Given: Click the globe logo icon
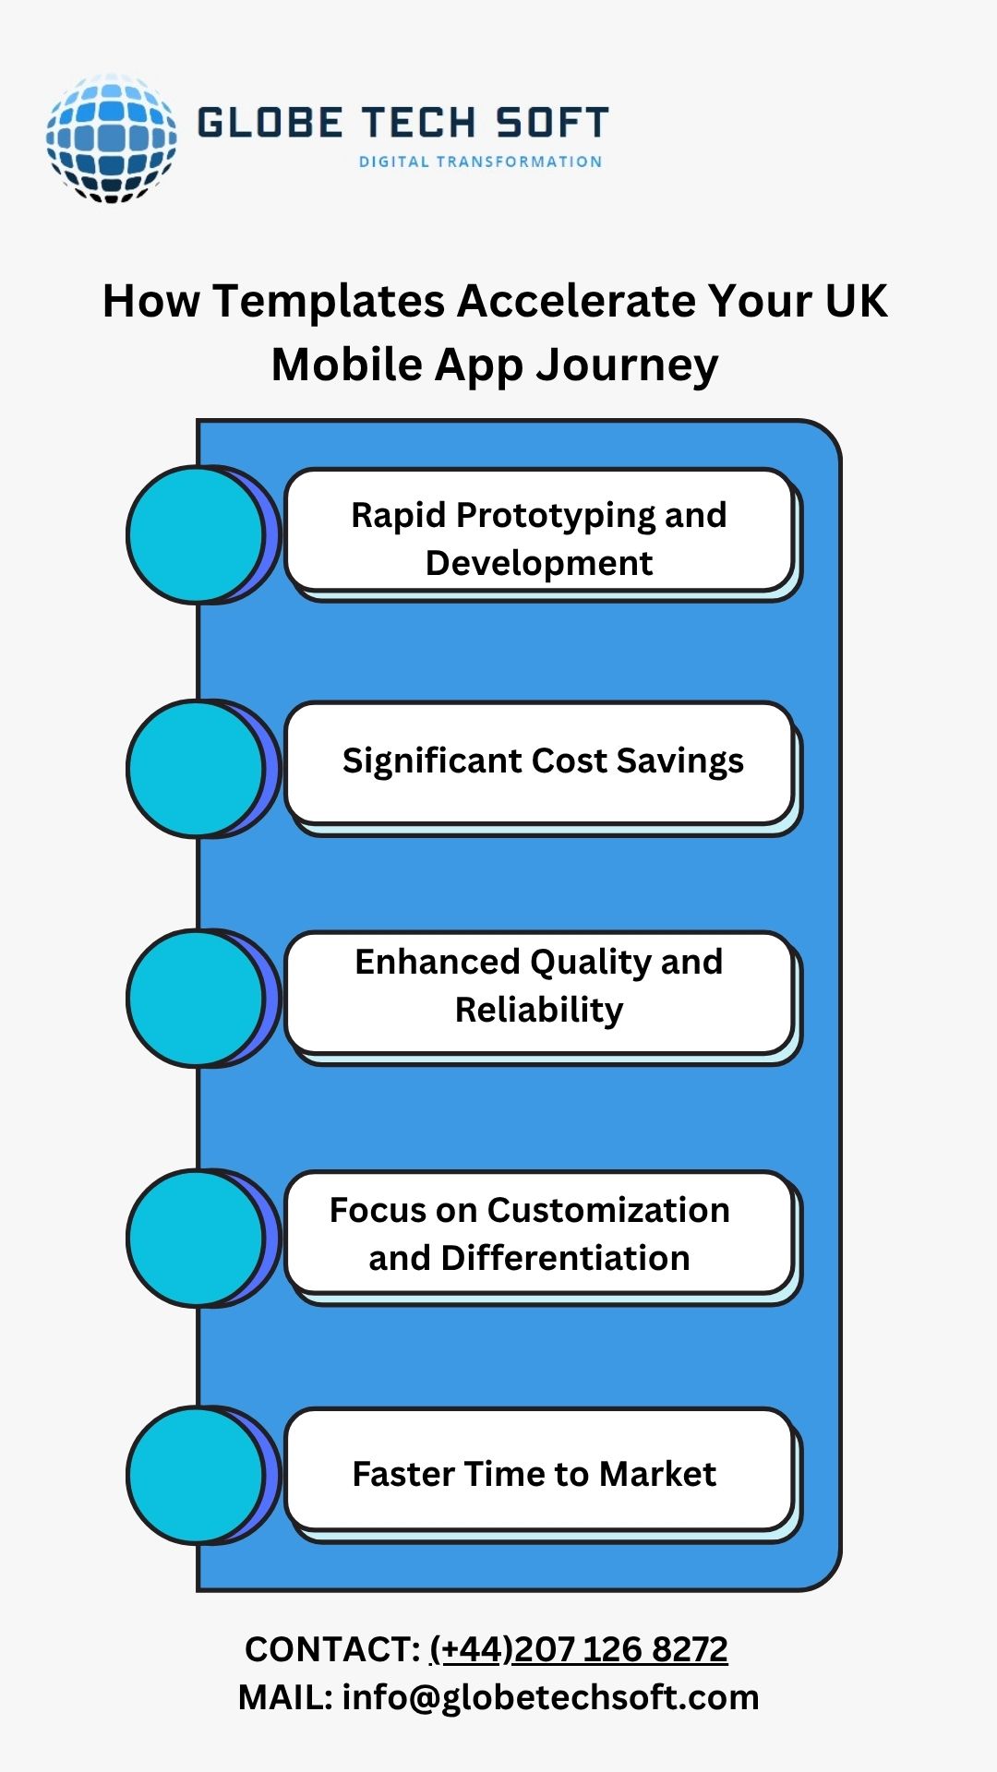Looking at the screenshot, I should [111, 138].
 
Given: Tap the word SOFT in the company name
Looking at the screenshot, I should [552, 123].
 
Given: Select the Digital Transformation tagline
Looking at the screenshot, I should [480, 162].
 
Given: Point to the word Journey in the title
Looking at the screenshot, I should [627, 365].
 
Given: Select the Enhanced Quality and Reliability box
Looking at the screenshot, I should [539, 992].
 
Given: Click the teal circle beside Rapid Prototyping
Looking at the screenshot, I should [197, 535].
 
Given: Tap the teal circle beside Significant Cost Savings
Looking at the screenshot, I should [197, 769].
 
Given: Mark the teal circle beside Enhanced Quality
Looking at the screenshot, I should [197, 999].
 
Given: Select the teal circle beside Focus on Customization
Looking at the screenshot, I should [197, 1238].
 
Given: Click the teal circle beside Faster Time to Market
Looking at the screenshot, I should [197, 1475].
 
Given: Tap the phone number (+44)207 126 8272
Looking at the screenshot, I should [579, 1649].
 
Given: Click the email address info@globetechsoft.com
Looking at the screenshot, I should [550, 1697].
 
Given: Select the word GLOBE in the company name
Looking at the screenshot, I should [270, 123].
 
